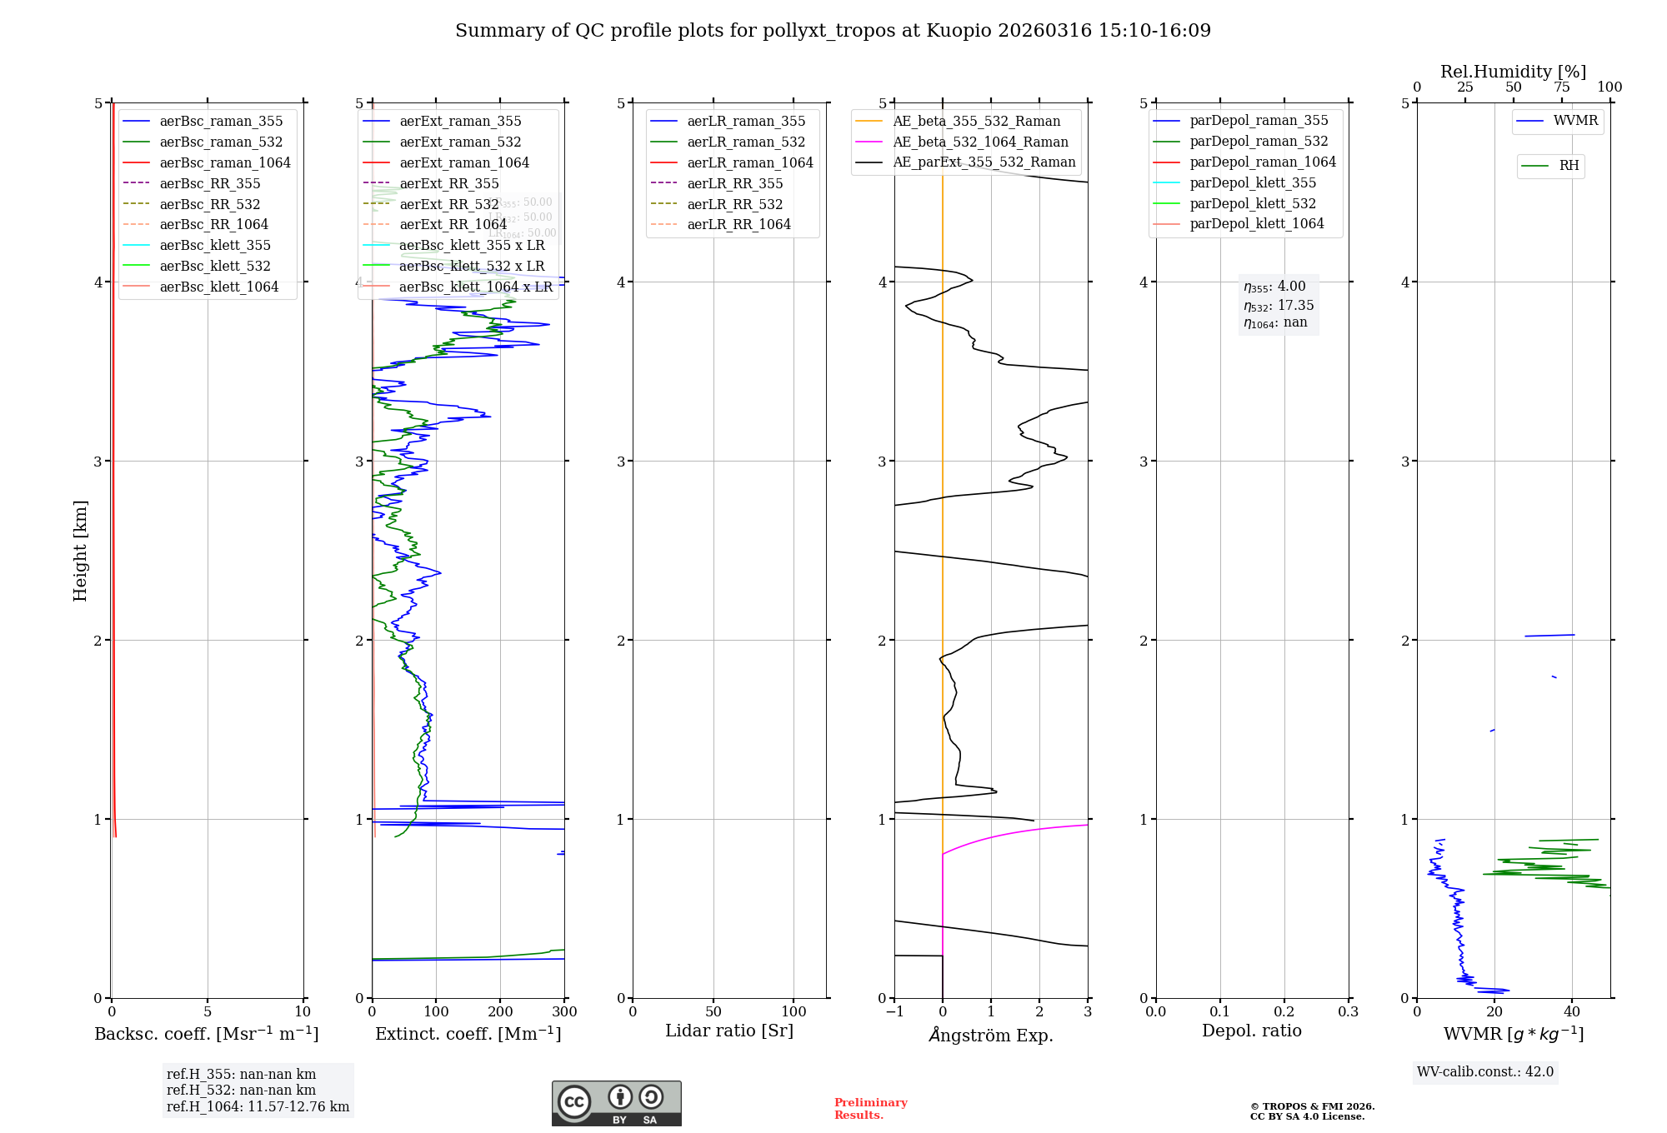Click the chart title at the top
[x=833, y=31]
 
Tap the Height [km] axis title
[x=80, y=550]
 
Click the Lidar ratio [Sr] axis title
[x=729, y=1031]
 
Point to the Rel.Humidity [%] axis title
[x=1513, y=72]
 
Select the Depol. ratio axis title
[x=1251, y=1031]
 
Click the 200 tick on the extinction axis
[x=500, y=1011]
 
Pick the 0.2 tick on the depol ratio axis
[x=1284, y=1011]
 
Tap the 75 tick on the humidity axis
[x=1561, y=87]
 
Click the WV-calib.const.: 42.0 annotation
[x=1485, y=1071]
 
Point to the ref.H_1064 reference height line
[x=258, y=1106]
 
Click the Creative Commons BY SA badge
[x=616, y=1103]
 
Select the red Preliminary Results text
[x=870, y=1108]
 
